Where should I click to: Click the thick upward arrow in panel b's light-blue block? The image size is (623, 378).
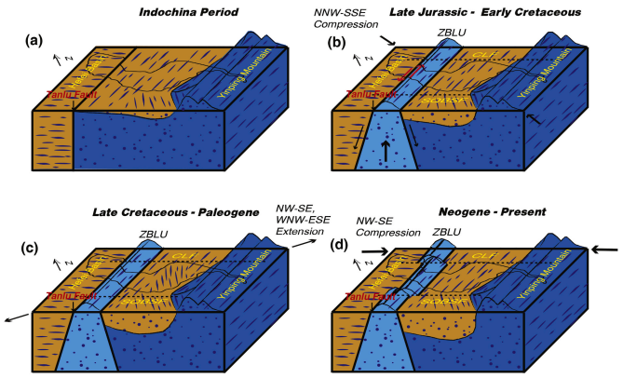click(387, 151)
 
